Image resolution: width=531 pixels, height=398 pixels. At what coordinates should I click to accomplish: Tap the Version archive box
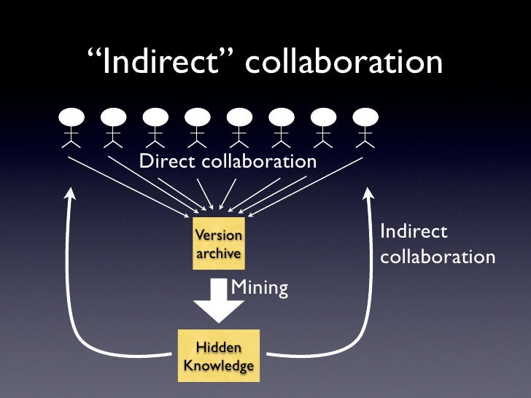pos(218,243)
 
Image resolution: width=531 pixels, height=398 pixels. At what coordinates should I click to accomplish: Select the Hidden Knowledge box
pos(218,356)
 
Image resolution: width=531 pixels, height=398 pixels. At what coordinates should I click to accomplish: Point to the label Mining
pos(259,288)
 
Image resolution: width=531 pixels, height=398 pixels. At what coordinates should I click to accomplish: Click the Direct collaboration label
pos(228,161)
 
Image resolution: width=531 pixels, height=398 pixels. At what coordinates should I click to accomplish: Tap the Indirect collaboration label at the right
pos(436,244)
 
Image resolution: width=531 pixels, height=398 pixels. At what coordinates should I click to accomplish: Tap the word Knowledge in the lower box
pos(218,365)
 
